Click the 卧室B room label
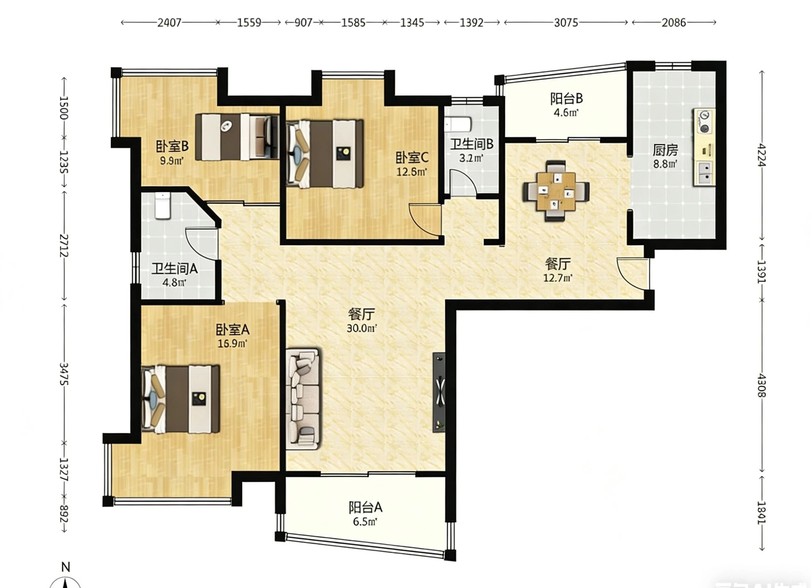(x=172, y=146)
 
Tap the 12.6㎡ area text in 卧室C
(x=412, y=172)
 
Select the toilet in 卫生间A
(x=163, y=206)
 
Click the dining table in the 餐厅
(x=556, y=191)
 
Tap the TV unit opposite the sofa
(x=439, y=392)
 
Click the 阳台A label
(x=365, y=507)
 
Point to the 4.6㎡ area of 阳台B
(x=566, y=113)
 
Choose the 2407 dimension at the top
(x=170, y=23)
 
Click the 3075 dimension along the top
(x=566, y=23)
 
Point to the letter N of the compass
(x=66, y=567)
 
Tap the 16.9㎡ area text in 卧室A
(x=232, y=344)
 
